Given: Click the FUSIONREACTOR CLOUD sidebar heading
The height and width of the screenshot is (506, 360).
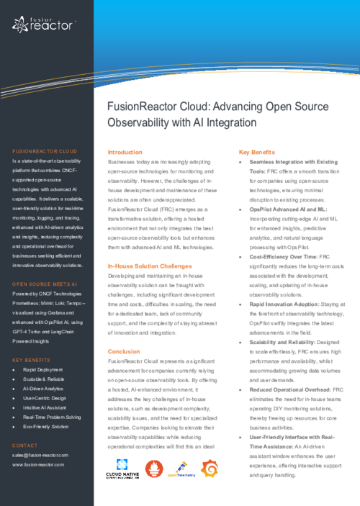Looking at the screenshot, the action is click(x=44, y=152).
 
